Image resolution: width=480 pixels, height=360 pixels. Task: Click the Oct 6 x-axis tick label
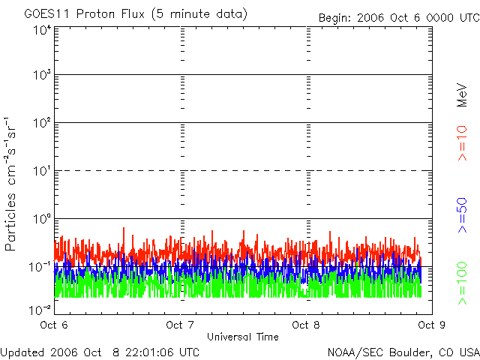tap(54, 325)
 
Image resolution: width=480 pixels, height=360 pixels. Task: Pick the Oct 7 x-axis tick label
tap(180, 325)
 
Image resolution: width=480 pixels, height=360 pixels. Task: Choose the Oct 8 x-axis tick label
tap(306, 325)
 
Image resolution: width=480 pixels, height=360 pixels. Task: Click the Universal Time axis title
tap(242, 337)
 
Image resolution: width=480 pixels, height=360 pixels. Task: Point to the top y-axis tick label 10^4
tap(42, 30)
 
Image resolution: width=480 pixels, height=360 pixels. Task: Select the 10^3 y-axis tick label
tap(42, 75)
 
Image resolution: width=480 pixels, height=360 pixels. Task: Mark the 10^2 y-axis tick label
tap(42, 123)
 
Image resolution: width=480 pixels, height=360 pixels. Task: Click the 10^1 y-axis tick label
tap(42, 171)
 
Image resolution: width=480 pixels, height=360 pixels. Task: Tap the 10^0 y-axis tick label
tap(42, 219)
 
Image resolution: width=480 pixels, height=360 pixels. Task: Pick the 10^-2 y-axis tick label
tap(40, 309)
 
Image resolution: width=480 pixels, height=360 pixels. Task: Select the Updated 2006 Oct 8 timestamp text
tap(100, 351)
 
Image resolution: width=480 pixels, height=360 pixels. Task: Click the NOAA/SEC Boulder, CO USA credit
tap(403, 351)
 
